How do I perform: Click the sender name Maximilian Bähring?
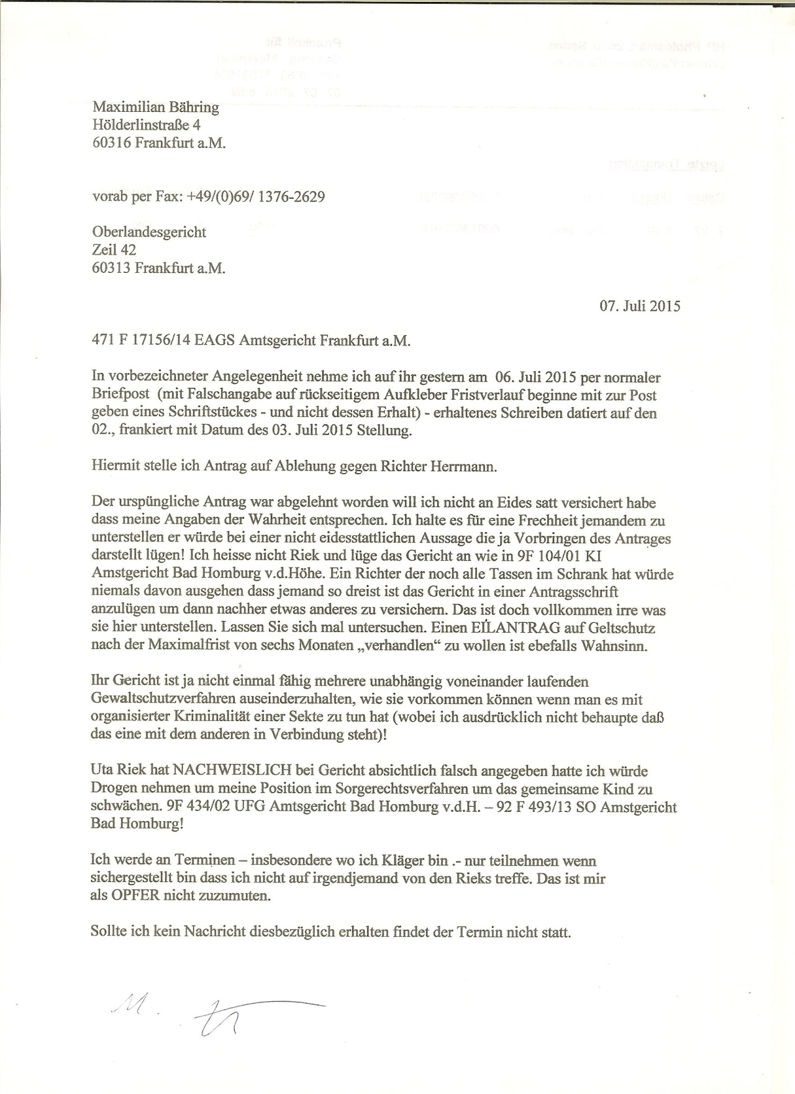tap(155, 108)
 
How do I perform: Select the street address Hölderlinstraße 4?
tap(147, 125)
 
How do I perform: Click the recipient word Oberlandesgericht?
tap(149, 232)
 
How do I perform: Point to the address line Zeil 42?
tap(114, 251)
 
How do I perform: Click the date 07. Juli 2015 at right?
tap(640, 306)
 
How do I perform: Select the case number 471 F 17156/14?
tap(141, 341)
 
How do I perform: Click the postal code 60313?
tap(111, 269)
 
